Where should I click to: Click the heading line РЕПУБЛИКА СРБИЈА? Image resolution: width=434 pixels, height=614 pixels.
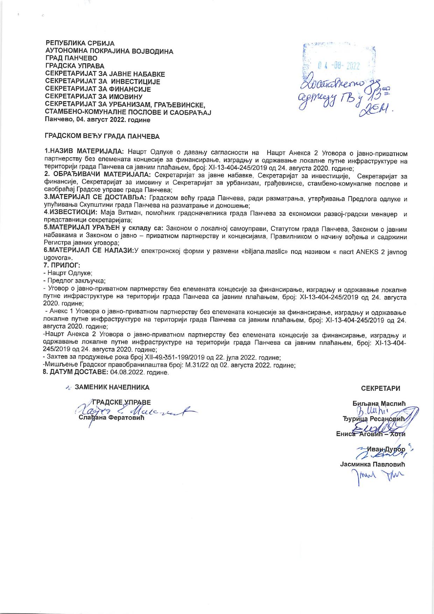click(80, 43)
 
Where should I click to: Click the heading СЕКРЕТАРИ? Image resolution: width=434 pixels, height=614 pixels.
click(381, 388)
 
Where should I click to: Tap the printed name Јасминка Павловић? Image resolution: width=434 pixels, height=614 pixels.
click(372, 464)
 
